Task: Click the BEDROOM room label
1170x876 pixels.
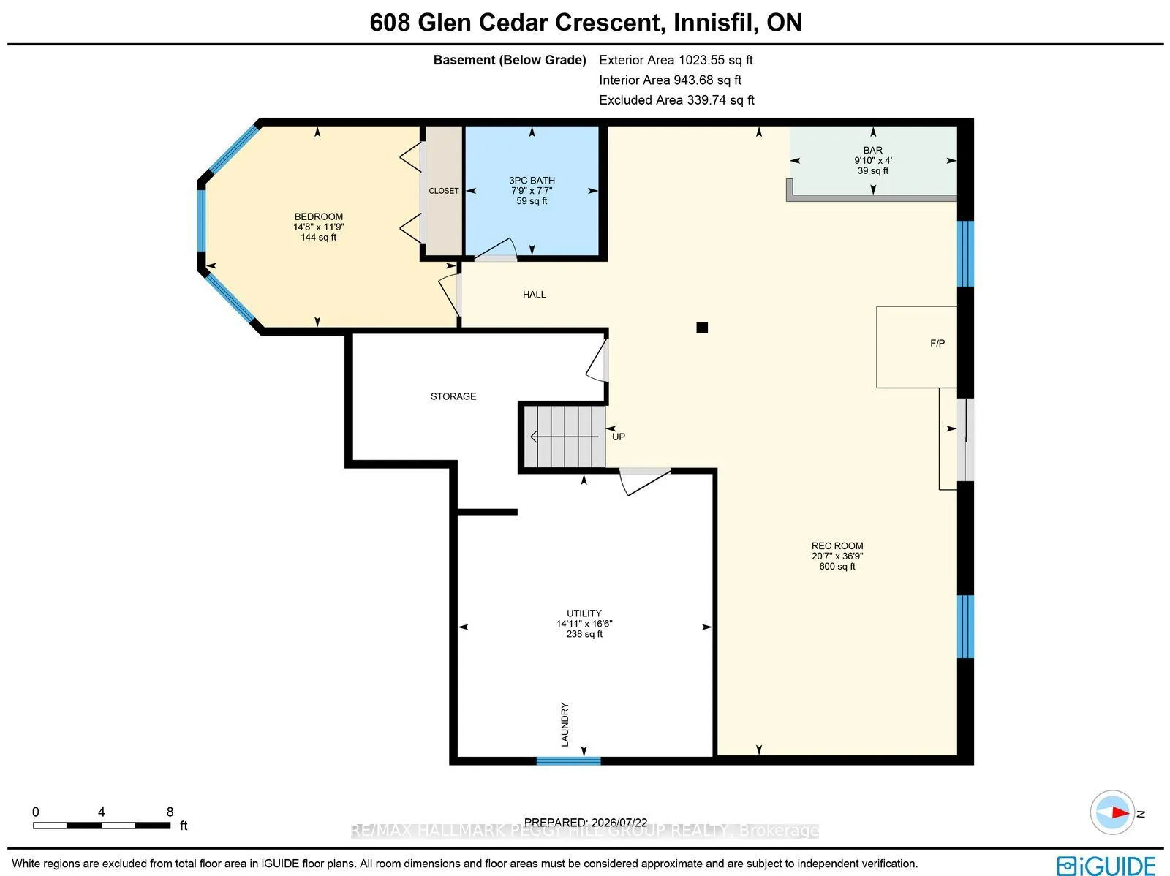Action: (x=318, y=216)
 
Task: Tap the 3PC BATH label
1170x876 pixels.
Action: (x=532, y=180)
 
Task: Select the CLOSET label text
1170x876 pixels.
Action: (x=443, y=191)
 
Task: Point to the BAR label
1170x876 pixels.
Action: (x=872, y=150)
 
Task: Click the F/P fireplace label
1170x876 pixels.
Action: (x=937, y=343)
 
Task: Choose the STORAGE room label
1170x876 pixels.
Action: (x=453, y=396)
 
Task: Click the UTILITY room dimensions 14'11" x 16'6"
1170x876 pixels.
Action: (x=584, y=624)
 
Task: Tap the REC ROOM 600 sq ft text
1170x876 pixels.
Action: (x=837, y=567)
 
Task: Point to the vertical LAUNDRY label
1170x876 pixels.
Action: (x=565, y=725)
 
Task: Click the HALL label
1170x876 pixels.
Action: (x=534, y=295)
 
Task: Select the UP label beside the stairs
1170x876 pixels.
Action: (x=619, y=437)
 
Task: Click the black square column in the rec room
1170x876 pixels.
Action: (x=702, y=328)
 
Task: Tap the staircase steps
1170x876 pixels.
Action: (x=564, y=437)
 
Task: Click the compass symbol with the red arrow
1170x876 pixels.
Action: (x=1112, y=812)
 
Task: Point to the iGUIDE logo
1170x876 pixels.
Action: (x=1106, y=866)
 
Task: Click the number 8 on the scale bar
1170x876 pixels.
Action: (x=170, y=812)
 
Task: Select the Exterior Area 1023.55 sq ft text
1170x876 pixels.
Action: (x=676, y=60)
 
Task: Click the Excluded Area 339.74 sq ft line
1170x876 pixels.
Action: (x=676, y=100)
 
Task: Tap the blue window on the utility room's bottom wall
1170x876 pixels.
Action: (x=568, y=761)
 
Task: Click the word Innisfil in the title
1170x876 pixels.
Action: (x=714, y=23)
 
